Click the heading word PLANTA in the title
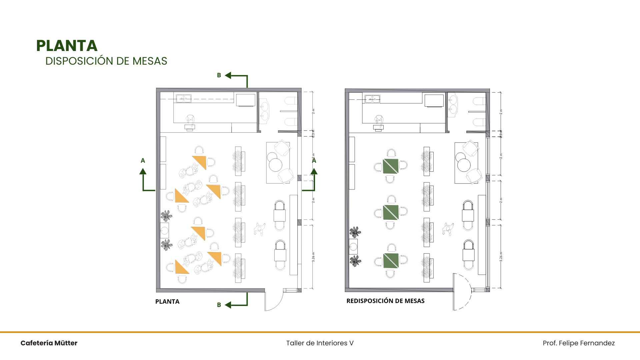point(67,46)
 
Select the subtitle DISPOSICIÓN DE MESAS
point(106,61)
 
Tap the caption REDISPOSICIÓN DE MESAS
point(385,301)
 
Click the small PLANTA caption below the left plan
point(167,301)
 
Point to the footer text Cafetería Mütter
point(49,343)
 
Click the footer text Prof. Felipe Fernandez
point(579,343)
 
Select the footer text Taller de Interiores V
point(320,343)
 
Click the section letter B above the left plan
point(219,75)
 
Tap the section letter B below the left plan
point(219,305)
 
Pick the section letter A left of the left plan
point(143,161)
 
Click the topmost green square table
point(391,166)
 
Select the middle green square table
point(391,212)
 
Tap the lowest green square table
point(391,261)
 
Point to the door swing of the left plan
point(274,302)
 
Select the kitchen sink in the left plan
point(184,98)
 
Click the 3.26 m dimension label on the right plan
point(501,256)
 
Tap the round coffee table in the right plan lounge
point(464,165)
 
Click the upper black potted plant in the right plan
point(355,232)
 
